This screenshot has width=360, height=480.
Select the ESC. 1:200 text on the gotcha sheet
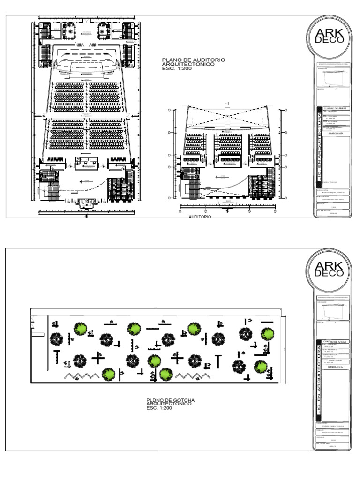(x=159, y=408)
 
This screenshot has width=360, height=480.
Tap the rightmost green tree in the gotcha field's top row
(x=267, y=334)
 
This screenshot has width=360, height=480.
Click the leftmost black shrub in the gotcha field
(x=57, y=338)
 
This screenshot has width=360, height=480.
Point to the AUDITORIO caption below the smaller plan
(x=200, y=217)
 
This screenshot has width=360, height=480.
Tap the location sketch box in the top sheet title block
(x=333, y=77)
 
